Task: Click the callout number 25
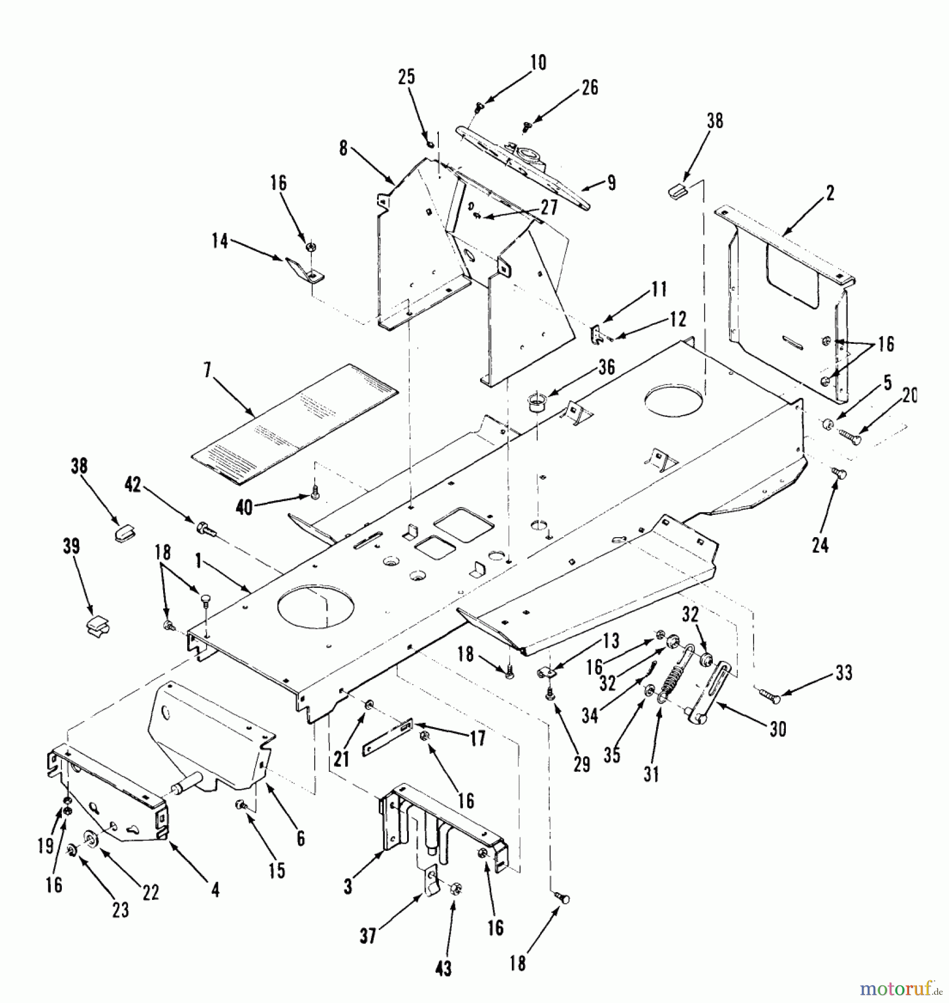pos(407,77)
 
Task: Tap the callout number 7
pos(208,371)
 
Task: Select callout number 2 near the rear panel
pos(830,193)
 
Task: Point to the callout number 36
pos(606,367)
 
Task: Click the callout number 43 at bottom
pos(443,968)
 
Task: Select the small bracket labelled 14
pos(304,270)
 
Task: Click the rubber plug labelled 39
pos(95,625)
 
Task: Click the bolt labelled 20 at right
pos(850,436)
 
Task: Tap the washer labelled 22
pos(89,838)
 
